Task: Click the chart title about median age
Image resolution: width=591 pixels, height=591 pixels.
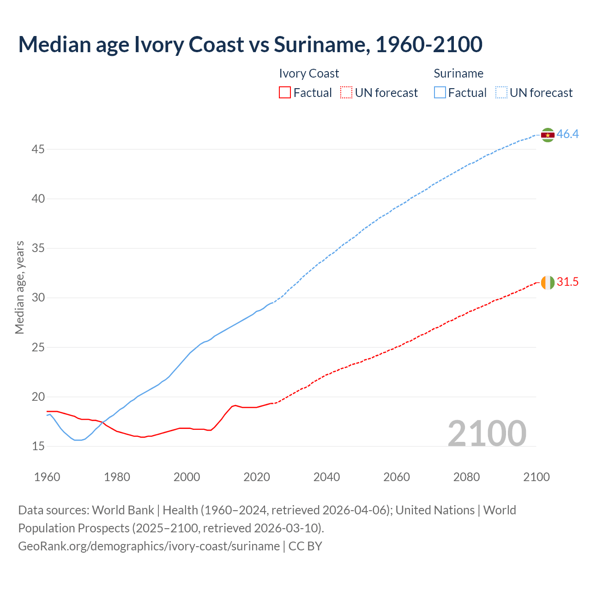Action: [250, 44]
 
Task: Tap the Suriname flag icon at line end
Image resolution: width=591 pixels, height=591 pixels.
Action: [548, 135]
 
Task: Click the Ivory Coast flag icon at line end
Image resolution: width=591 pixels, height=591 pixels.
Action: [548, 282]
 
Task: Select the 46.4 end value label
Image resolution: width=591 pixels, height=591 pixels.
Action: [567, 134]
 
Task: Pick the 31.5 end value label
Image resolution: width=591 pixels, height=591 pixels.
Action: [567, 282]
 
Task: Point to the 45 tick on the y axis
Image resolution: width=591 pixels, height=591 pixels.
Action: [38, 150]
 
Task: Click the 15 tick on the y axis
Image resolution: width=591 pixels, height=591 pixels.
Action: [38, 446]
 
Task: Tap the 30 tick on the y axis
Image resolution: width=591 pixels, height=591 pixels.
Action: [38, 298]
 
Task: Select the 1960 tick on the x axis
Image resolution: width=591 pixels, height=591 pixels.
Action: [47, 477]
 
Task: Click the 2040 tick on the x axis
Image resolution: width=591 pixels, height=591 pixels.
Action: [326, 477]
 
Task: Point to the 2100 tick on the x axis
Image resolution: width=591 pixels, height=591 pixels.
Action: [536, 477]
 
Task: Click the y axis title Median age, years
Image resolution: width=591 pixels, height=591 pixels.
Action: [20, 287]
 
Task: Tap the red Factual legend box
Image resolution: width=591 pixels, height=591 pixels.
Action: [285, 93]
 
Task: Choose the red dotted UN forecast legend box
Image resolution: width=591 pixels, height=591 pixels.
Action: [346, 93]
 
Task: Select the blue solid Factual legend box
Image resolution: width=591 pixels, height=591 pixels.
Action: [440, 93]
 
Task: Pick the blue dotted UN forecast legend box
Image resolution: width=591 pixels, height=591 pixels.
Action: [501, 93]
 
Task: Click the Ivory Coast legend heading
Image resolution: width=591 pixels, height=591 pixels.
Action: [309, 73]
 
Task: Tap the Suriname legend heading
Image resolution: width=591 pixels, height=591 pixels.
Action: [458, 73]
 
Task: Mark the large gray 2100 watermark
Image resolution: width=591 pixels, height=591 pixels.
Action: [487, 434]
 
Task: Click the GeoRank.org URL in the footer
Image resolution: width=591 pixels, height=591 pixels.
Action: [149, 546]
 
